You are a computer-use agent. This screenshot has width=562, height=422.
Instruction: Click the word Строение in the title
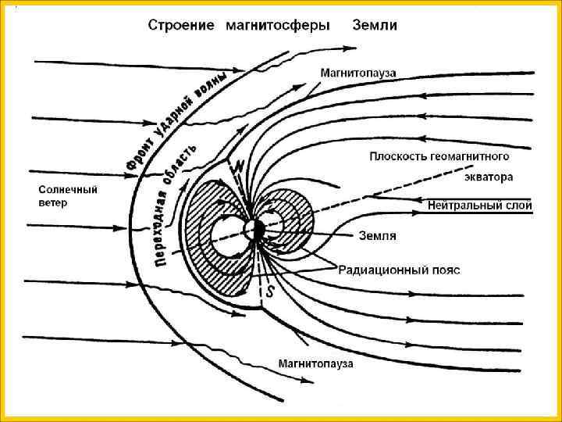pos(181,25)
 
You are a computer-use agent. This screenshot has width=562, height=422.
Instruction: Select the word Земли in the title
pos(375,25)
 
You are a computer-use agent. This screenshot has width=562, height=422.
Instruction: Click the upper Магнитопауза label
pos(358,73)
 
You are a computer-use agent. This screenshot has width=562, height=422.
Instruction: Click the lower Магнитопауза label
pos(316,363)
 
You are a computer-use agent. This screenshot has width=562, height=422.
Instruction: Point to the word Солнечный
pos(69,190)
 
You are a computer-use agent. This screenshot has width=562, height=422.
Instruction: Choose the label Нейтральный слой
pos(480,206)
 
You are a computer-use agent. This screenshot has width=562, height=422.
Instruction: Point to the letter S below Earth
pos(271,293)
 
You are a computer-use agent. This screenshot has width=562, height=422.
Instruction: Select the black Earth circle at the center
pos(254,231)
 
